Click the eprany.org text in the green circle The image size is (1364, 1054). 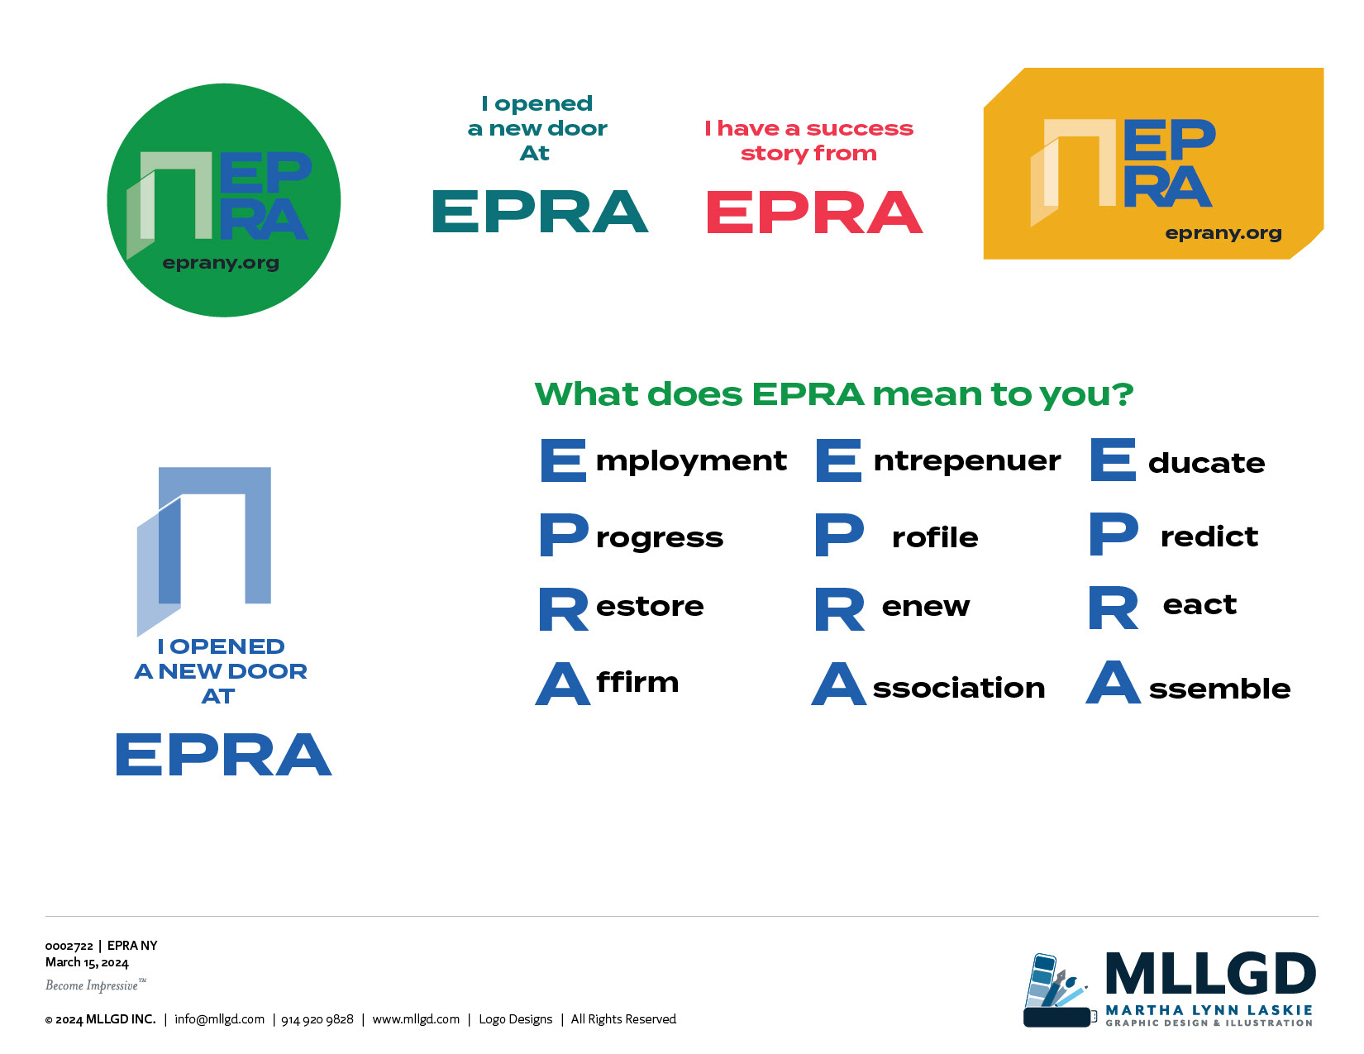click(x=221, y=263)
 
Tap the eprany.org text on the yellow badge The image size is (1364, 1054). click(x=1223, y=233)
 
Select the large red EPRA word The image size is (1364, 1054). click(x=815, y=212)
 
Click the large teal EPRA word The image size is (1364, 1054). click(x=541, y=212)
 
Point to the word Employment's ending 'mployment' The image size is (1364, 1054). click(x=691, y=462)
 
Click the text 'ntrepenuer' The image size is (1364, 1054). click(x=967, y=460)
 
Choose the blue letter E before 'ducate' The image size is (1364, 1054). click(x=1113, y=460)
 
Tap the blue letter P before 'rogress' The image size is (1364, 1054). click(x=565, y=534)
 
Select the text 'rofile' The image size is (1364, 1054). click(x=935, y=537)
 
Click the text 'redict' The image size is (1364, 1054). click(x=1209, y=537)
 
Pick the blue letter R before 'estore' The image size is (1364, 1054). click(x=564, y=609)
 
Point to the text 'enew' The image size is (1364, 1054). click(x=926, y=607)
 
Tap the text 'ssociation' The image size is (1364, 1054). click(x=959, y=688)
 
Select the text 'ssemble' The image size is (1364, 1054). click(x=1219, y=689)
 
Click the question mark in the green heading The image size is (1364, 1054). click(x=1123, y=394)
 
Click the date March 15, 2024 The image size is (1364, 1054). click(x=87, y=962)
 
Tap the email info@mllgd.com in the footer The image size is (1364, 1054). click(x=220, y=1019)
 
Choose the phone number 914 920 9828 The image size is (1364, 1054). click(x=317, y=1019)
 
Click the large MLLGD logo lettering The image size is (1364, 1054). click(x=1211, y=974)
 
